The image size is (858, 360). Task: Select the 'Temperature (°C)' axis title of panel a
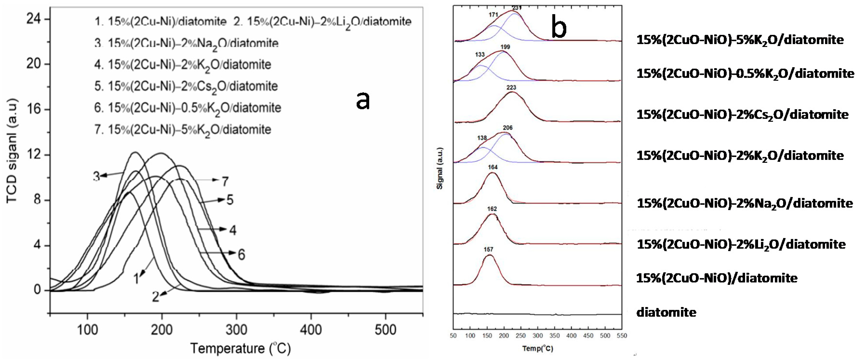pos(240,348)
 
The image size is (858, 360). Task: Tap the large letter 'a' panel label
pos(363,100)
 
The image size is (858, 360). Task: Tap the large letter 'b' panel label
pos(559,27)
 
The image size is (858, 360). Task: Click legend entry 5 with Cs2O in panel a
pos(186,86)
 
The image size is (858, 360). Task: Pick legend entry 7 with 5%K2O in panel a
pos(183,130)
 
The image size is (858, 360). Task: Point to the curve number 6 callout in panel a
pos(241,255)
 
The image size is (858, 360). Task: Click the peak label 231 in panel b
pos(517,8)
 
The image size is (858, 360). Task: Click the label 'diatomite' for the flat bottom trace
pos(666,312)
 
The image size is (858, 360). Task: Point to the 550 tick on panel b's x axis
pos(621,336)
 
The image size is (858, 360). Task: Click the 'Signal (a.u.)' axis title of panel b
pos(440,168)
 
